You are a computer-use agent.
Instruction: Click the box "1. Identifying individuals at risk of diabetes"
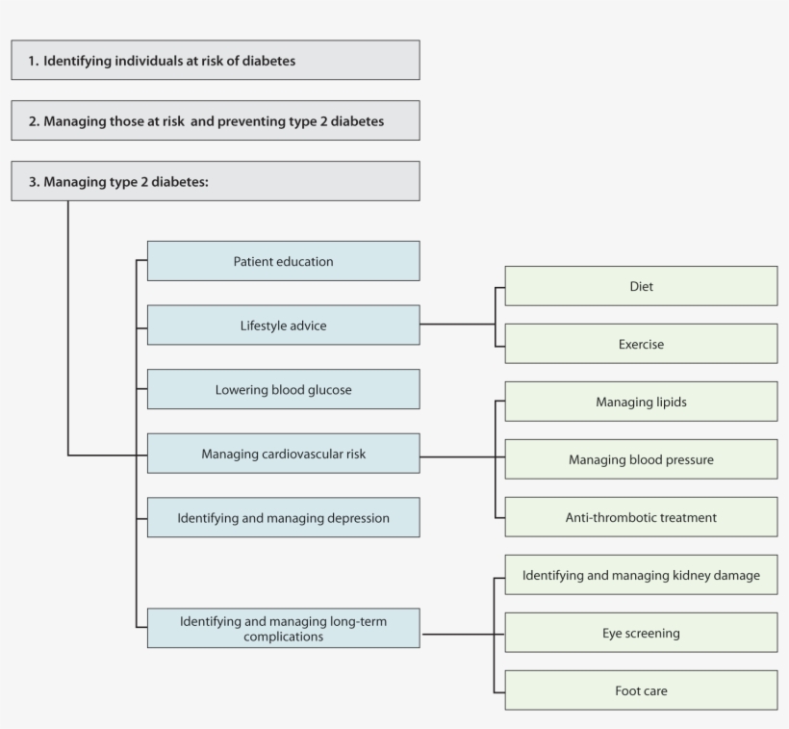point(215,60)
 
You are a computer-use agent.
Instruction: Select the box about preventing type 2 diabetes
point(215,120)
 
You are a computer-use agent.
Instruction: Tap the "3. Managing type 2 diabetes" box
point(215,181)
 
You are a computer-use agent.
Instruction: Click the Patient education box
point(283,261)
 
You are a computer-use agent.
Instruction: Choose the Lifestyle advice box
point(283,325)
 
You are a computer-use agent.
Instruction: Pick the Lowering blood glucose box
point(283,389)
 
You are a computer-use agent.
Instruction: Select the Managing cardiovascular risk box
point(283,454)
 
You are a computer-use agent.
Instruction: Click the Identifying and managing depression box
point(283,518)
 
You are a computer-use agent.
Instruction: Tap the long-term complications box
point(283,628)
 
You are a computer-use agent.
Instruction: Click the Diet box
point(641,286)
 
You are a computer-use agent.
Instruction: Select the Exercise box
point(641,344)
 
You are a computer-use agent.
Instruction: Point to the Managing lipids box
point(641,402)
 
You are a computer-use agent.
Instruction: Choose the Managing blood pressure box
point(641,459)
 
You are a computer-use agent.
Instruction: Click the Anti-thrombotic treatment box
point(641,517)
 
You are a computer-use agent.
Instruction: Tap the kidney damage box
point(641,575)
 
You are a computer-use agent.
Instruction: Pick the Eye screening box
point(641,633)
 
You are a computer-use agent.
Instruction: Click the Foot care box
point(641,690)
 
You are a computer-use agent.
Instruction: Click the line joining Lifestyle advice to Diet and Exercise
point(457,325)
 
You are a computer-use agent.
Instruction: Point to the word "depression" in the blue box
point(356,518)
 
